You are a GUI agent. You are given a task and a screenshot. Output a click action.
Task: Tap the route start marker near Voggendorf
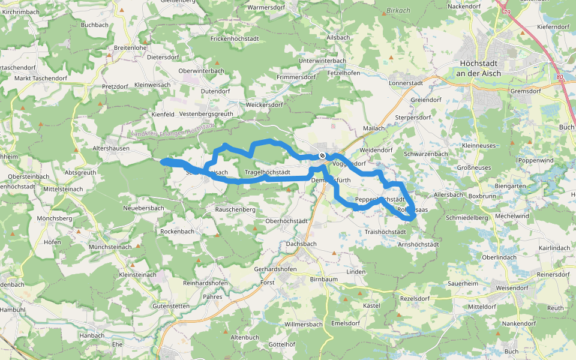click(322, 156)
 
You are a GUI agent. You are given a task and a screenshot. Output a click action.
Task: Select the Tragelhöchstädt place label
click(272, 173)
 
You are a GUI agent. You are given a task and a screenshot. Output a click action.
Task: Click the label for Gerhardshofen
click(275, 269)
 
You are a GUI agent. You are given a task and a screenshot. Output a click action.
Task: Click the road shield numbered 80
click(559, 77)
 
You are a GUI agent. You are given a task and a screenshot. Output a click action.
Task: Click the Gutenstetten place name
click(171, 306)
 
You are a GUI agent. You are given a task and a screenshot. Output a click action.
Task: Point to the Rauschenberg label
click(235, 210)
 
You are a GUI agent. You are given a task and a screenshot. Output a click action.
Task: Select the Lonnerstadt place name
click(406, 83)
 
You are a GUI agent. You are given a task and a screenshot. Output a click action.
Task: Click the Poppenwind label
click(536, 161)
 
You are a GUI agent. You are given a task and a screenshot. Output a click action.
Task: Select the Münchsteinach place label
click(110, 247)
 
